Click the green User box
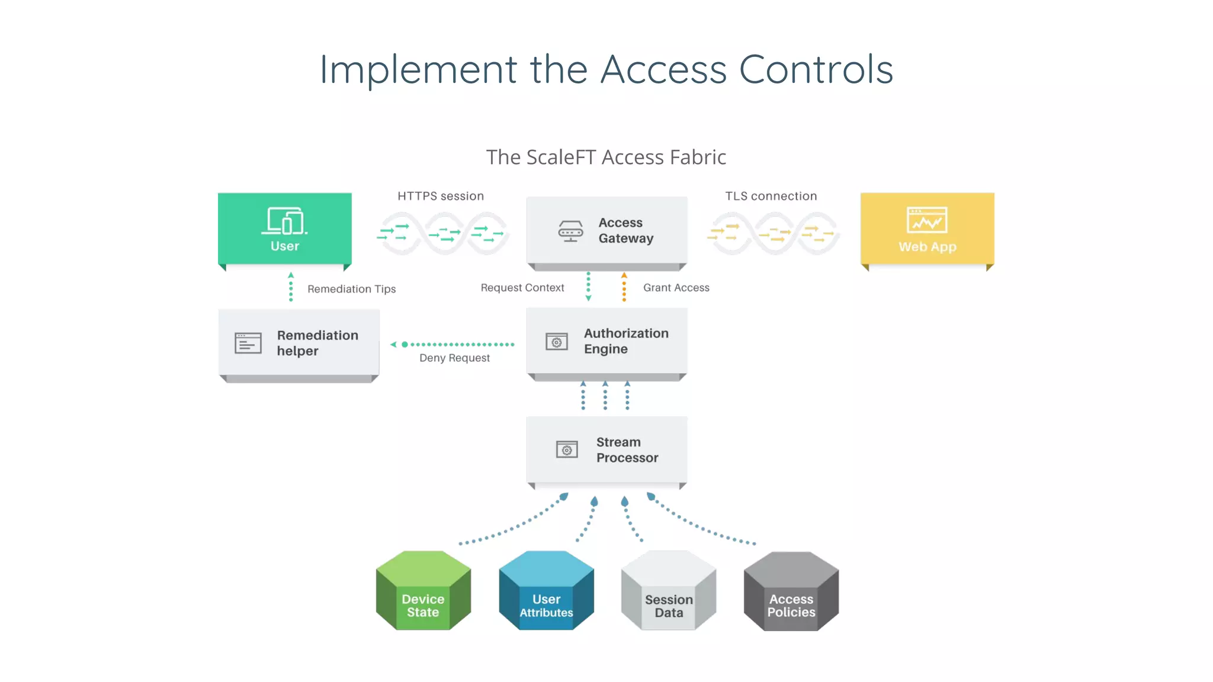tap(284, 229)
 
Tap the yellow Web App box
tap(927, 229)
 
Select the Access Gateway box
tap(606, 230)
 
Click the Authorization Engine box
tap(606, 341)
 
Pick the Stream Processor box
tap(606, 450)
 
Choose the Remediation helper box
tap(299, 343)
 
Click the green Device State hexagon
tap(423, 591)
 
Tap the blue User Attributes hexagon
tap(546, 591)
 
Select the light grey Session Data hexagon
tap(669, 591)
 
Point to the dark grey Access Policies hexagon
tap(791, 591)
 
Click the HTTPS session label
tap(440, 196)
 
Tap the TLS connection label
tap(771, 196)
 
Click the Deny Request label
tap(454, 358)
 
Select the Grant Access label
tap(676, 288)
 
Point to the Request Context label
tap(522, 288)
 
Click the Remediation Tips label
tap(351, 289)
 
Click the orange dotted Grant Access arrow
tap(624, 288)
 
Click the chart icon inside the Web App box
tap(927, 220)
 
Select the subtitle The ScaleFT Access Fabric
tap(606, 157)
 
